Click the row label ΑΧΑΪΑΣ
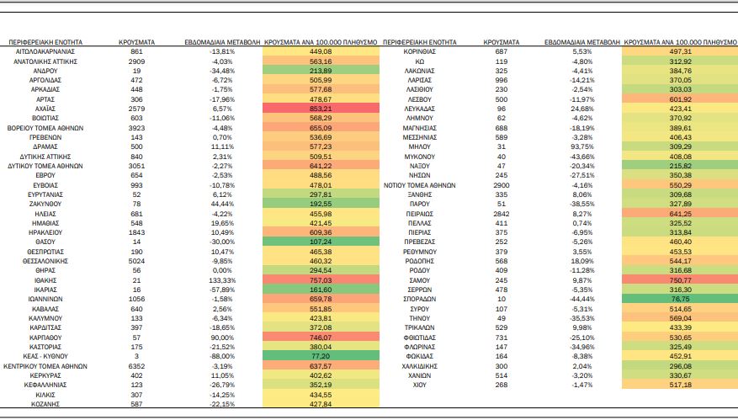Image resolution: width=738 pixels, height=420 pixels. pyautogui.click(x=45, y=109)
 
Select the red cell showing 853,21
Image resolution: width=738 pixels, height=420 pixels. pyautogui.click(x=321, y=109)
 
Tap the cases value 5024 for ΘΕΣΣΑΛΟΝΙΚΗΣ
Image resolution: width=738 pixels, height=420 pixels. pyautogui.click(x=136, y=261)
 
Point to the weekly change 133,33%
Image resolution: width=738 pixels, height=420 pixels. pyautogui.click(x=222, y=280)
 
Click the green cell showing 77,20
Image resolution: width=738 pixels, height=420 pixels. pyautogui.click(x=321, y=356)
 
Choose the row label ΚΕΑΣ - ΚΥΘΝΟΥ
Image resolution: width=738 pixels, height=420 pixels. pyautogui.click(x=45, y=356)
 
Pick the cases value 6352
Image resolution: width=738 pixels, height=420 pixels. pyautogui.click(x=136, y=366)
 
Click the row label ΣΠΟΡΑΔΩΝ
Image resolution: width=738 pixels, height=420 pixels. pyautogui.click(x=419, y=299)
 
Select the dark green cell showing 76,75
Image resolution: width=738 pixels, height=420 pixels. pyautogui.click(x=680, y=299)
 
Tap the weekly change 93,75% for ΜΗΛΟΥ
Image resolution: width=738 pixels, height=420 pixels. pyautogui.click(x=582, y=147)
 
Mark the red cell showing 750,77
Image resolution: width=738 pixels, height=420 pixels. pyautogui.click(x=680, y=279)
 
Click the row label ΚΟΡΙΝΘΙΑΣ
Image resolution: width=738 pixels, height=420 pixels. pyautogui.click(x=419, y=51)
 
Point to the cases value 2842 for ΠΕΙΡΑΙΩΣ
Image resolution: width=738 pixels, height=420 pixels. pyautogui.click(x=502, y=214)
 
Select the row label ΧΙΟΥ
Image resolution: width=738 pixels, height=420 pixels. pyautogui.click(x=419, y=385)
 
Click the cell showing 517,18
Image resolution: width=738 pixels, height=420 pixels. pyautogui.click(x=680, y=384)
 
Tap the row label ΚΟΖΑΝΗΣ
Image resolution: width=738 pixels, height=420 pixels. pyautogui.click(x=45, y=404)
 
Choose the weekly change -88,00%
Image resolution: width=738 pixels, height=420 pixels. pyautogui.click(x=222, y=356)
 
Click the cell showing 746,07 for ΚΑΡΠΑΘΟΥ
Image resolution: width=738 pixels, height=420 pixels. pyautogui.click(x=321, y=338)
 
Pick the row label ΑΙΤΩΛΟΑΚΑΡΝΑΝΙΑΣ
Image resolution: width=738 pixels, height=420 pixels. pyautogui.click(x=45, y=51)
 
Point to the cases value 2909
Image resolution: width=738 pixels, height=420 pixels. pyautogui.click(x=136, y=61)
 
